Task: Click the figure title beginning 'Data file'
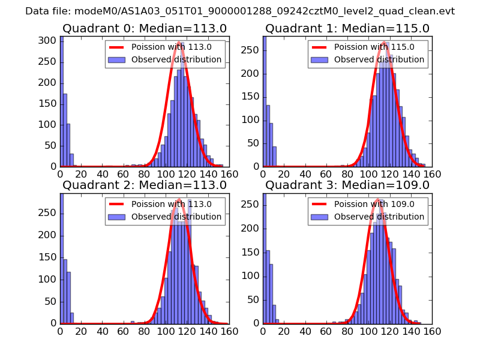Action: (240, 11)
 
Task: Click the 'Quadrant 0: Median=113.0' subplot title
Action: (145, 28)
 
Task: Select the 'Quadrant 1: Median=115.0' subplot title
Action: (347, 28)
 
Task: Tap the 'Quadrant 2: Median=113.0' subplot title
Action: (145, 185)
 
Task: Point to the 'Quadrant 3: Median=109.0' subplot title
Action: (347, 185)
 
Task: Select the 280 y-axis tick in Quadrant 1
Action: (251, 36)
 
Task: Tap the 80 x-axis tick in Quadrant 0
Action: (145, 174)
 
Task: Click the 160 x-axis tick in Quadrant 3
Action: (432, 331)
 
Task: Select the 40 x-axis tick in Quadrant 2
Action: (103, 331)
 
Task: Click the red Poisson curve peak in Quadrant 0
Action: (179, 43)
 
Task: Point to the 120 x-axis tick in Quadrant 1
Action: (390, 174)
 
